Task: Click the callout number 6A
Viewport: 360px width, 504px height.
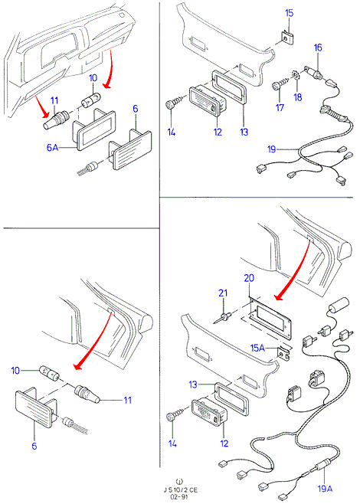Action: (52, 148)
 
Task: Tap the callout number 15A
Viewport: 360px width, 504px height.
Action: (258, 348)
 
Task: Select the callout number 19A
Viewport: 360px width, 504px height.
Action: (325, 489)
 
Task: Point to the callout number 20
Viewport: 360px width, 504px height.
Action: (249, 278)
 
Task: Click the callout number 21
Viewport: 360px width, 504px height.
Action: (223, 293)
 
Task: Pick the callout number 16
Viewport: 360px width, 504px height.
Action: (318, 47)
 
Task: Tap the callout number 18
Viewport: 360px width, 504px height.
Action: (298, 97)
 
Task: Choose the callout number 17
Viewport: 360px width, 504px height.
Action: (280, 108)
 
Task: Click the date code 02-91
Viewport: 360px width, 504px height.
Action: (179, 496)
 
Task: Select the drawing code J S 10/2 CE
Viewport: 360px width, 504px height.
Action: (180, 490)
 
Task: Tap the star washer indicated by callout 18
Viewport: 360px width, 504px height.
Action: (296, 75)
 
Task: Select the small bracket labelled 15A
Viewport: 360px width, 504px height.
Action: (283, 354)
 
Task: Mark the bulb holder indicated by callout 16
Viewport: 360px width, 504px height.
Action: (313, 73)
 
